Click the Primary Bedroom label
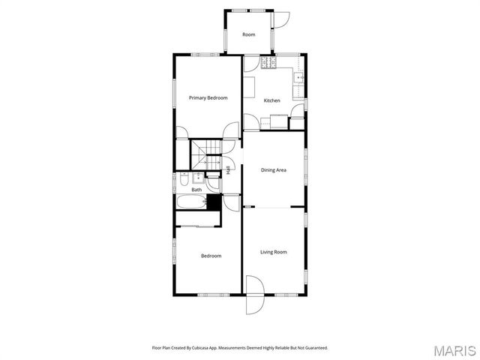208,97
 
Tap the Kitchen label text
271,100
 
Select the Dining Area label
274,170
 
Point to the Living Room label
274,252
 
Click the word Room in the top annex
248,34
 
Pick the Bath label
196,190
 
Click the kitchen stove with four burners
268,63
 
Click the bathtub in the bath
192,202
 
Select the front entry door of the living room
255,295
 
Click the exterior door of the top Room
281,20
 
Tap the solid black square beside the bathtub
214,202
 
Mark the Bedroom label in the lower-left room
211,256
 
